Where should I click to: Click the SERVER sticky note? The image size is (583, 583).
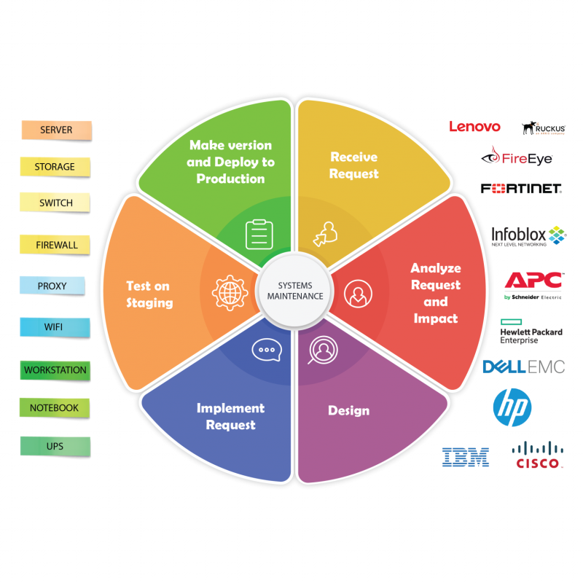pos(56,130)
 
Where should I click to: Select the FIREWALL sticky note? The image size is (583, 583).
pos(56,245)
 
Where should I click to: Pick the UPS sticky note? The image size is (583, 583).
pos(55,446)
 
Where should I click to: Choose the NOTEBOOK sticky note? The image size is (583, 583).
pos(55,408)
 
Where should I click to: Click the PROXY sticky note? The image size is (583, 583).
pos(52,286)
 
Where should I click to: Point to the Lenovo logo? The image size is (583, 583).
pos(474,127)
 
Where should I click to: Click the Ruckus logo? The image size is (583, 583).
pos(543,128)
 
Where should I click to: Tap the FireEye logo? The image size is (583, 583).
pos(517,157)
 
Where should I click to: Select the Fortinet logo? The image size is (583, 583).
pos(520,189)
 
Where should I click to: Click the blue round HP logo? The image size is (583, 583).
pos(512,407)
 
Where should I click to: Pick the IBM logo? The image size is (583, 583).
pos(466,457)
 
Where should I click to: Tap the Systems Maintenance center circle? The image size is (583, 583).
pos(296,291)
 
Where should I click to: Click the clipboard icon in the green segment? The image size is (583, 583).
pos(259,234)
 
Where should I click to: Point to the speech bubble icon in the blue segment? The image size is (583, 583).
pos(265,350)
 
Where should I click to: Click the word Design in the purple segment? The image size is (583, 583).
pos(348,410)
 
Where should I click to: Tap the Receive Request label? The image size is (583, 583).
pos(354,165)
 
